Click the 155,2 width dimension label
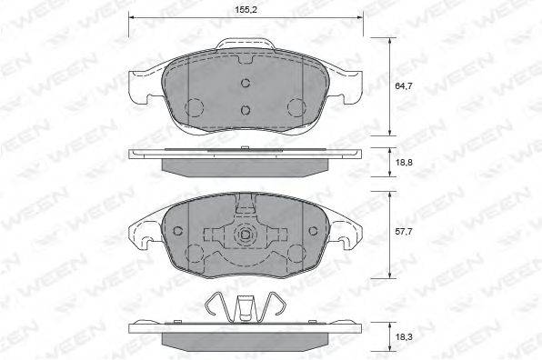point(246,10)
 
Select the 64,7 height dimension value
point(404,86)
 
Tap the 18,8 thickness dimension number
point(404,162)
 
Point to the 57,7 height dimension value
point(404,232)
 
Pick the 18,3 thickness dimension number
point(404,336)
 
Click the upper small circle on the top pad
point(246,83)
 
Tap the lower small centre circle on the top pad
point(246,110)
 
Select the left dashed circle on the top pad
point(195,107)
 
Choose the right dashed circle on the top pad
point(296,107)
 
